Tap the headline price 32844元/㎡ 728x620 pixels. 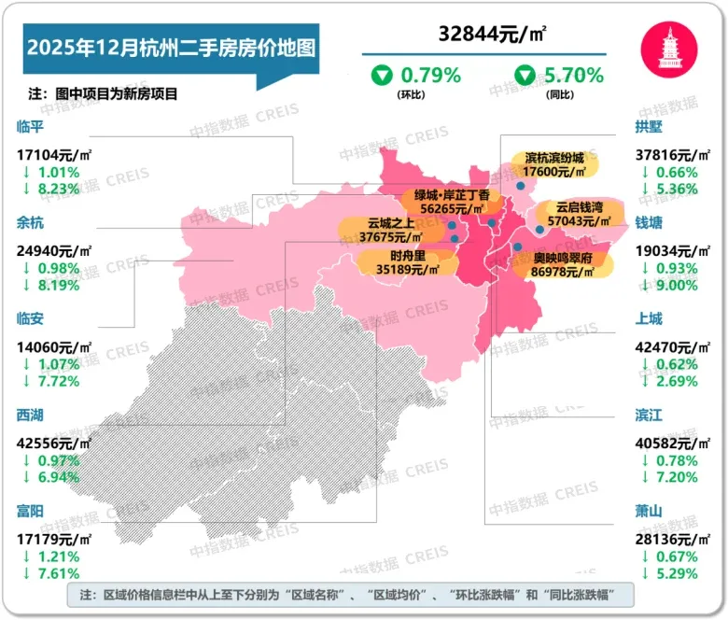pyautogui.click(x=493, y=35)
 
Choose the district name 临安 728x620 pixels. pyautogui.click(x=31, y=318)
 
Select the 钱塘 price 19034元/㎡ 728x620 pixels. pyautogui.click(x=673, y=250)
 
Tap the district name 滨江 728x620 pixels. pyautogui.click(x=648, y=415)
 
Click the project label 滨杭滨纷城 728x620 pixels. pyautogui.click(x=553, y=157)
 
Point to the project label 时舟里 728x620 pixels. pyautogui.click(x=408, y=254)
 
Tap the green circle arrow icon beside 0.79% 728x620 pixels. pyautogui.click(x=383, y=75)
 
